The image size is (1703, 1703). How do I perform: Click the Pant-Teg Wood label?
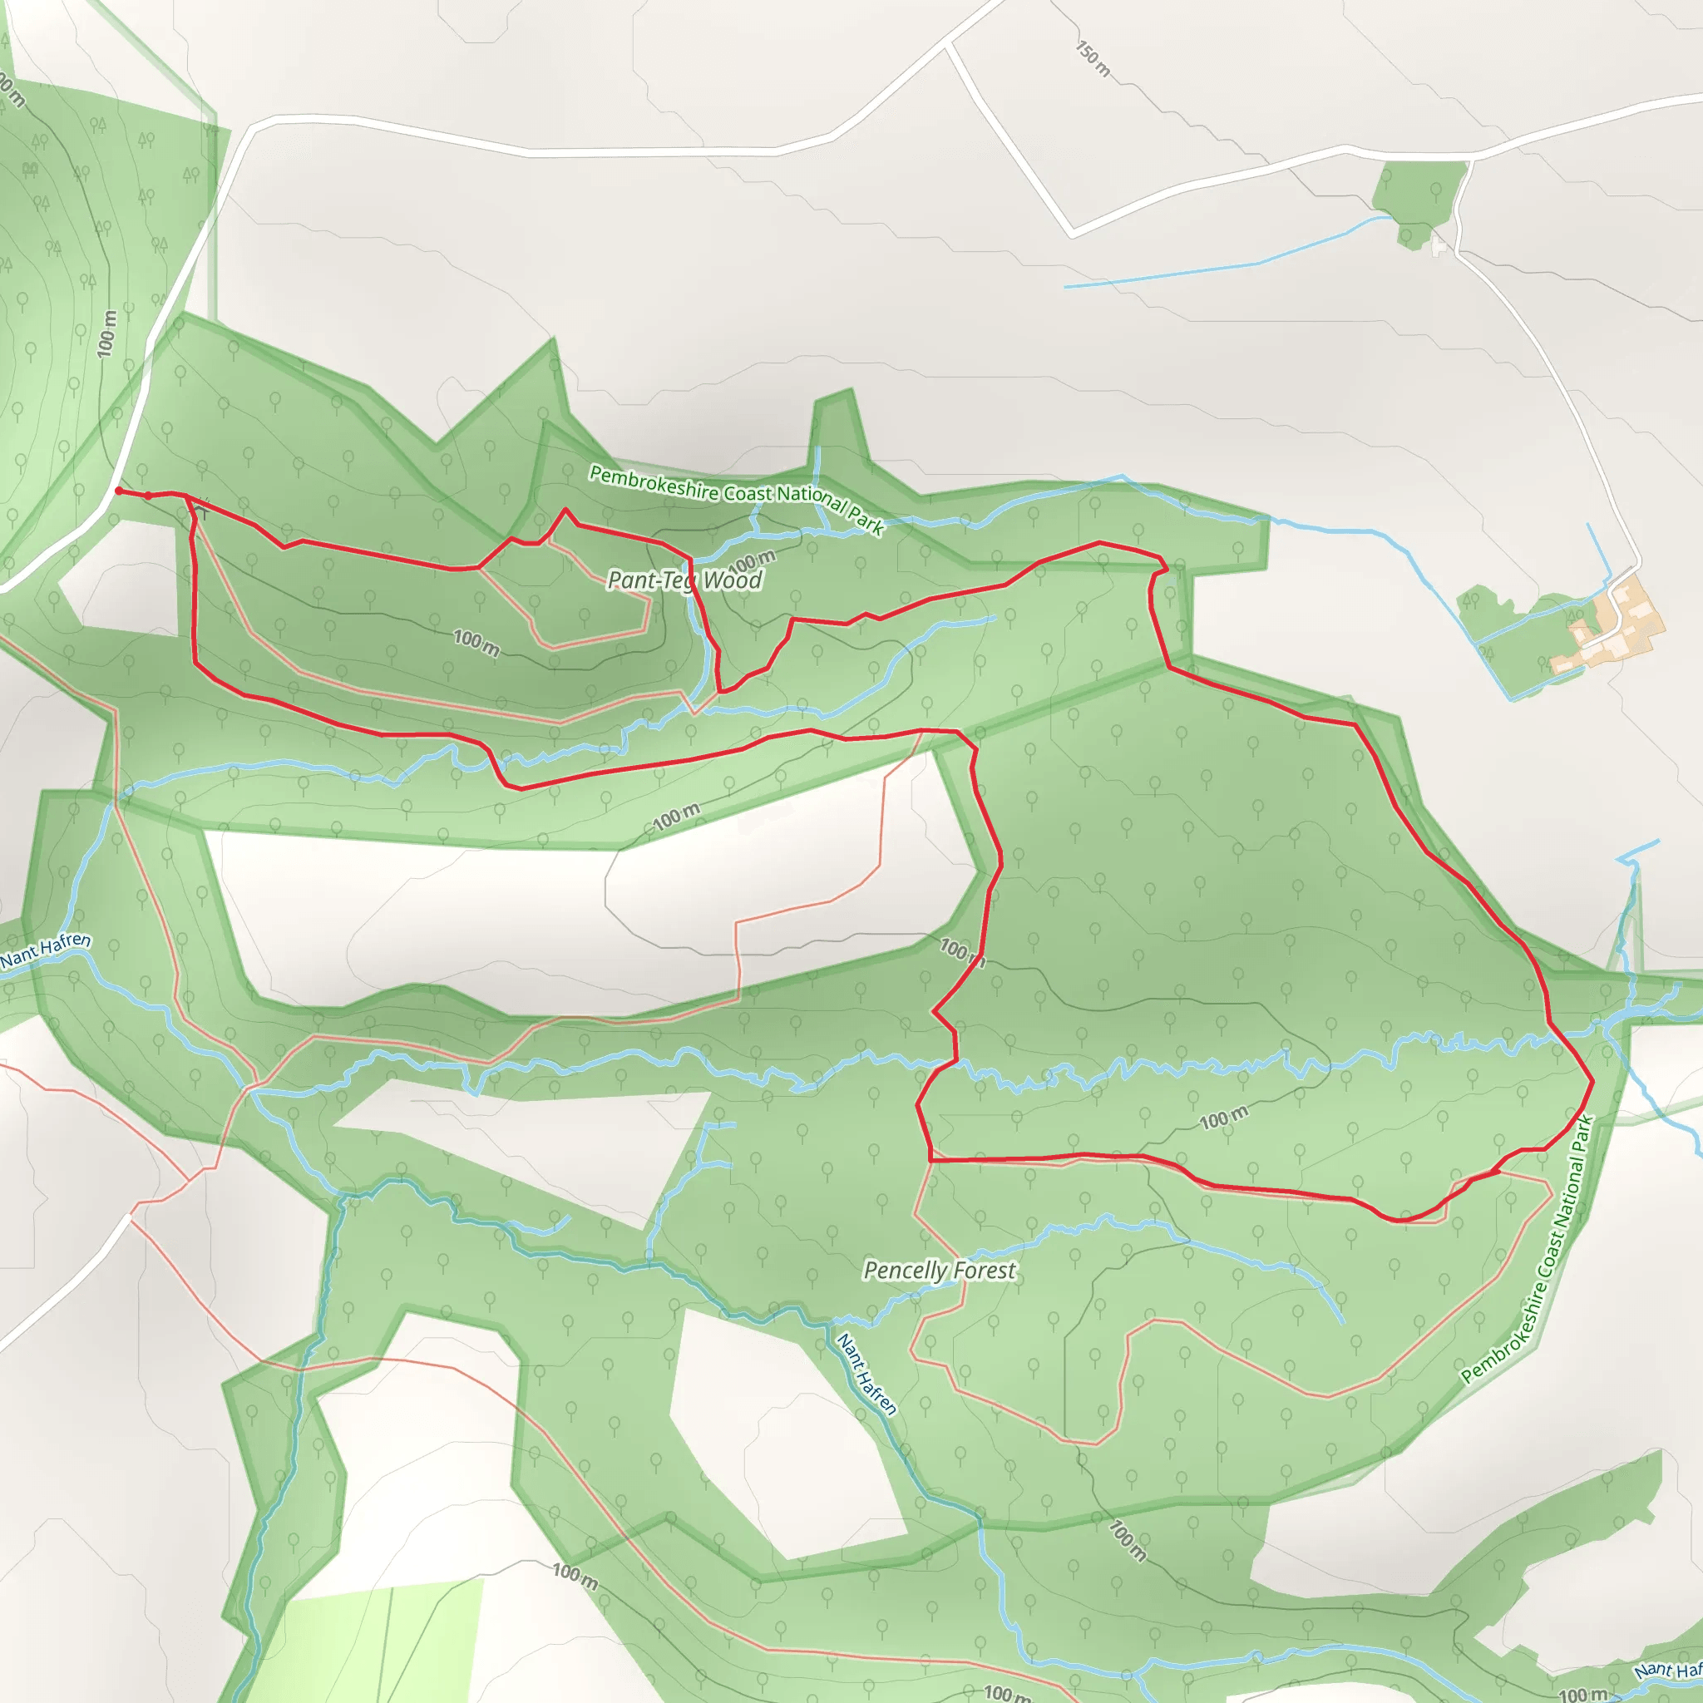pos(685,580)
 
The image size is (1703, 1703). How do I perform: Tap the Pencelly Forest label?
pos(939,1271)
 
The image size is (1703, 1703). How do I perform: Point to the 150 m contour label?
pos(1093,58)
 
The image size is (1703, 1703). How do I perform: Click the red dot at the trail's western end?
pos(119,491)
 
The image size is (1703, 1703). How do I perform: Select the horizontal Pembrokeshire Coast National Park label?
pos(736,499)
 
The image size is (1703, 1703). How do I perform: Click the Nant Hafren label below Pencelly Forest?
pos(866,1375)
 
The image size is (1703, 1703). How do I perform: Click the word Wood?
pos(733,580)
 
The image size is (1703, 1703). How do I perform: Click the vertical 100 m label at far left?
pos(107,333)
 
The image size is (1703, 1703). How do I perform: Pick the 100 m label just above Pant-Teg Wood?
pos(752,560)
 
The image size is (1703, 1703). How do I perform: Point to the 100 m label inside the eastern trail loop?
pos(1223,1118)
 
